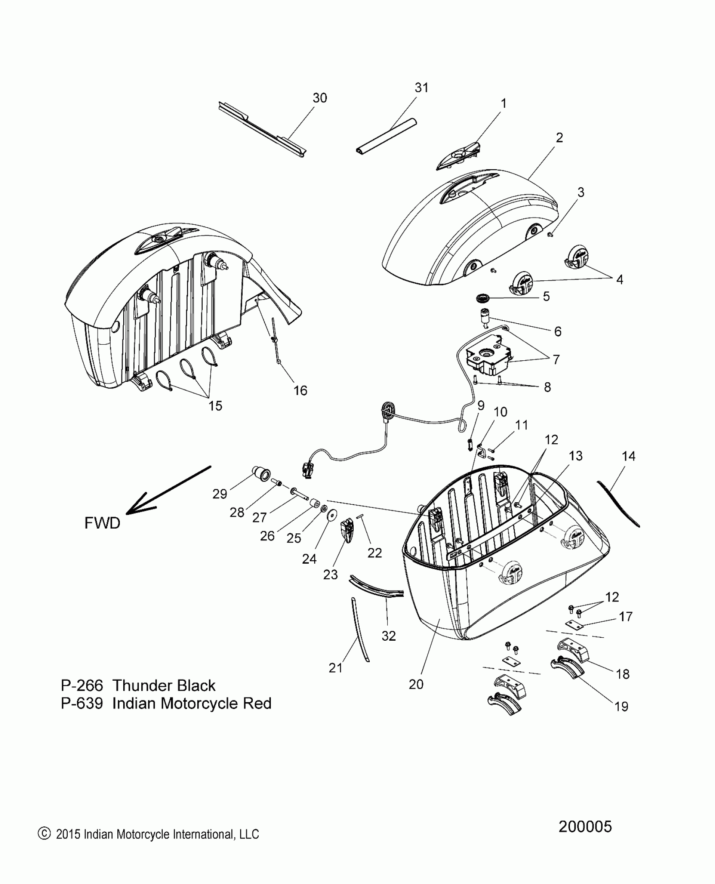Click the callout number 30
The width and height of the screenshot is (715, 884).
320,98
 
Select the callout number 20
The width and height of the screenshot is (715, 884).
416,684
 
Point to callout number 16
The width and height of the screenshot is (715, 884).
300,391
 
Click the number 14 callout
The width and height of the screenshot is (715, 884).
628,456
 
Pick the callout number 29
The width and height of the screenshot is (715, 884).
220,494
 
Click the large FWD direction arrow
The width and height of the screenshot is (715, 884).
168,490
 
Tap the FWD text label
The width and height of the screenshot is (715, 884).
102,523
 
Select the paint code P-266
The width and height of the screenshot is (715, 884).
82,686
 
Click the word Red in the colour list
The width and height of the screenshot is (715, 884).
257,703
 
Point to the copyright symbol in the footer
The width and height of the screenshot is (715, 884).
43,833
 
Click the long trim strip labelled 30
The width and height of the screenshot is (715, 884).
261,130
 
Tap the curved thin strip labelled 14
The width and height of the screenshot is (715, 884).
618,504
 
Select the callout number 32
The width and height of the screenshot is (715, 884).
389,636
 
